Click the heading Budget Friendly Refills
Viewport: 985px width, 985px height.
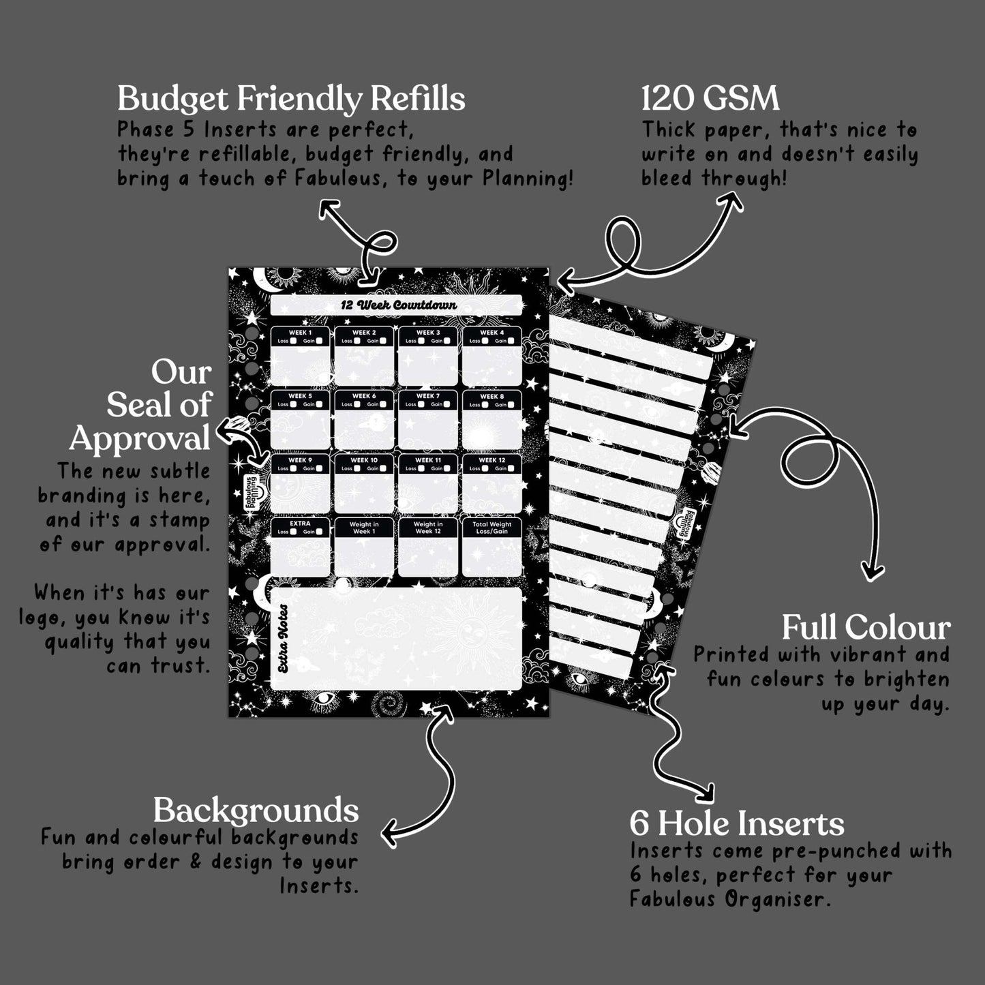pyautogui.click(x=291, y=99)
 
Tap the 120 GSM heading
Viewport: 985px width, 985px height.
pyautogui.click(x=710, y=99)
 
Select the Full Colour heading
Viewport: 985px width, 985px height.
pyautogui.click(x=866, y=628)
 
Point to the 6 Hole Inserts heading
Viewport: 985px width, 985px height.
pyautogui.click(x=736, y=823)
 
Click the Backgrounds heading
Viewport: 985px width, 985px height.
pyautogui.click(x=256, y=810)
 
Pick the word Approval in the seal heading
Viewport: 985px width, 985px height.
pyautogui.click(x=140, y=438)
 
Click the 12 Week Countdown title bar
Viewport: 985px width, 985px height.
pyautogui.click(x=396, y=305)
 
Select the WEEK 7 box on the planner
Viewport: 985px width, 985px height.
pyautogui.click(x=428, y=419)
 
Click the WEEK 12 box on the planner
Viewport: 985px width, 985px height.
pyautogui.click(x=492, y=483)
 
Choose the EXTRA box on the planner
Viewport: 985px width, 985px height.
pyautogui.click(x=300, y=547)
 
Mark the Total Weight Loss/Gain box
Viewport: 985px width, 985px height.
pyautogui.click(x=492, y=547)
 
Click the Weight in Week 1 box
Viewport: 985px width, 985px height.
pyautogui.click(x=364, y=547)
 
